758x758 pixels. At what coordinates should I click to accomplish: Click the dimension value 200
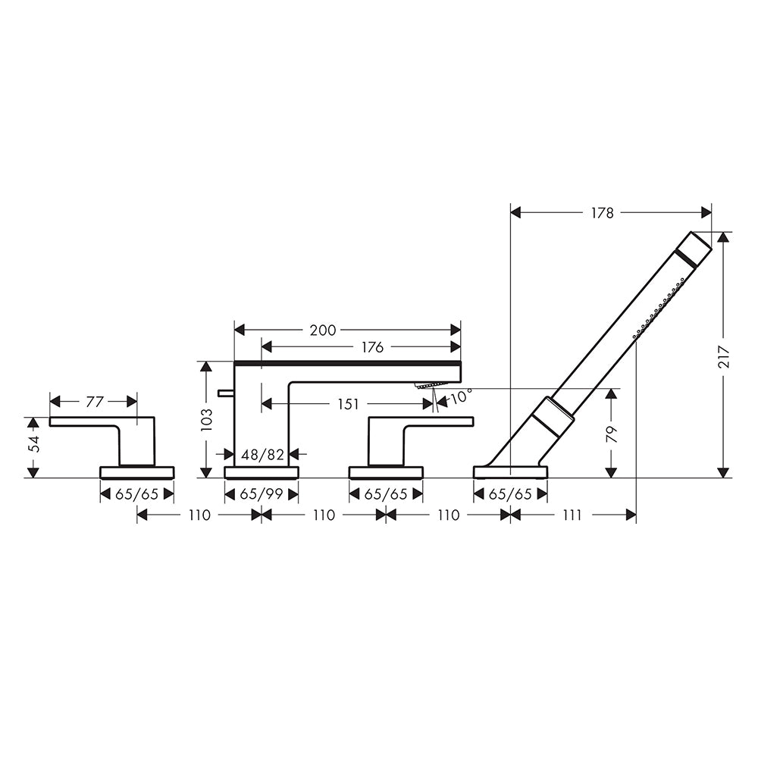322,330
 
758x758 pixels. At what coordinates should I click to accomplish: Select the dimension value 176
372,346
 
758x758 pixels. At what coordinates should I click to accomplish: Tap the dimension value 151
348,404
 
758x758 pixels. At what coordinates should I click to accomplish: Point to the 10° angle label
461,396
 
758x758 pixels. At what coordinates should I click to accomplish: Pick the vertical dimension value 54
33,442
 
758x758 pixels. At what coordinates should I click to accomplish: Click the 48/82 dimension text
262,454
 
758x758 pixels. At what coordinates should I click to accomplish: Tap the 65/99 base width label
262,494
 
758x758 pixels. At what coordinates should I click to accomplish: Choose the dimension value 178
602,212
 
